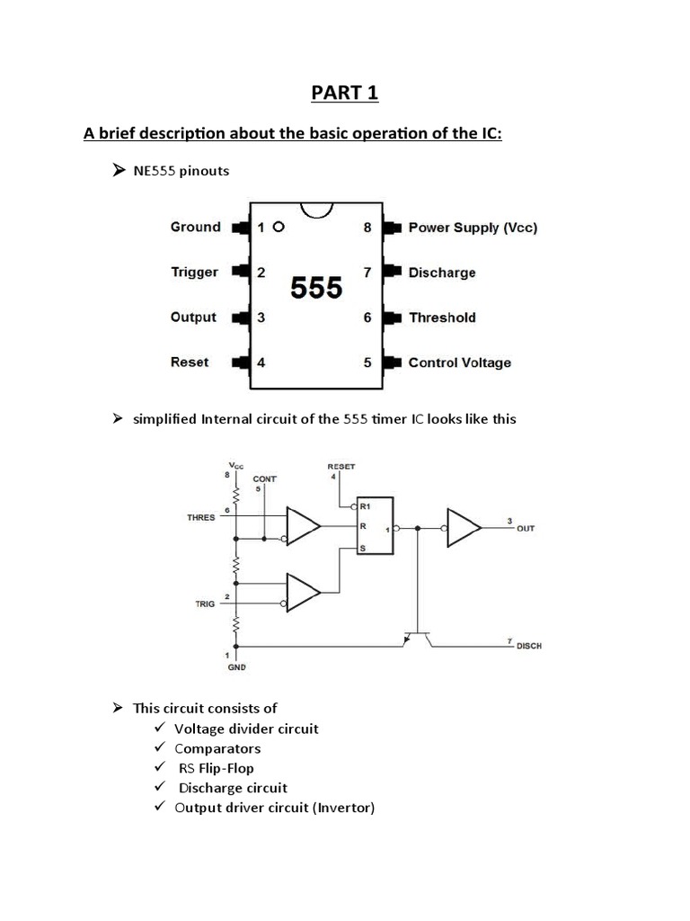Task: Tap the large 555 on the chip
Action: (x=316, y=288)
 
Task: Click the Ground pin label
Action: (x=195, y=228)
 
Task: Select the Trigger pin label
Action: (x=194, y=273)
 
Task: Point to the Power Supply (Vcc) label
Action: (x=473, y=228)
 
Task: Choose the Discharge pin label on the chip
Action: (x=442, y=273)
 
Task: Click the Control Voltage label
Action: (x=459, y=362)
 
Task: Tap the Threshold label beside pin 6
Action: (x=442, y=317)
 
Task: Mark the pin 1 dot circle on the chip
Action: (x=279, y=228)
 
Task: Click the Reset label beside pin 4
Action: (x=189, y=362)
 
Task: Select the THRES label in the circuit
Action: (x=200, y=517)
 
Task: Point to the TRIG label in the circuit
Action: (x=205, y=604)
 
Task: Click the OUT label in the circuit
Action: (x=526, y=529)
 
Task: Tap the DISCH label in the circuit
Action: (x=529, y=647)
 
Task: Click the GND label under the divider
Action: (x=236, y=667)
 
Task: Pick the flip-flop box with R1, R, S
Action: (x=374, y=527)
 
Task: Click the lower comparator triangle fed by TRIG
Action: (x=303, y=591)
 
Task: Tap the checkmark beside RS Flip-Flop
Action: (x=160, y=767)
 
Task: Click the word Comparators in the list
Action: (x=217, y=748)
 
